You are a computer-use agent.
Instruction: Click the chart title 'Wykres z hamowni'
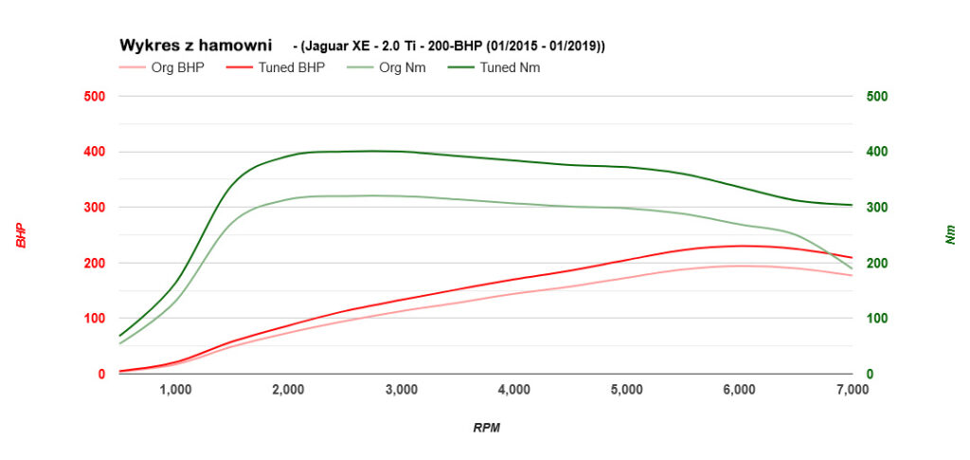click(x=194, y=45)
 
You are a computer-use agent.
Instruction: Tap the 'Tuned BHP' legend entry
click(x=291, y=67)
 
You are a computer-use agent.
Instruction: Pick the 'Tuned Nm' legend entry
click(x=510, y=67)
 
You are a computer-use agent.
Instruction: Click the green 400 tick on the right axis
click(x=875, y=152)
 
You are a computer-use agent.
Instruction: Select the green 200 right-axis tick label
click(x=875, y=263)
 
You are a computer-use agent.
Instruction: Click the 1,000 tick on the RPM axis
click(x=175, y=389)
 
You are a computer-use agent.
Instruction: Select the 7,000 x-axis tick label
click(x=852, y=389)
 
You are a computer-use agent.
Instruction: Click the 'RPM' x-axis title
click(x=486, y=428)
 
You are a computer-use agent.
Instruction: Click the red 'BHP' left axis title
click(x=21, y=235)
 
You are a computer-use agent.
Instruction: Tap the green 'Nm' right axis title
click(x=950, y=235)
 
